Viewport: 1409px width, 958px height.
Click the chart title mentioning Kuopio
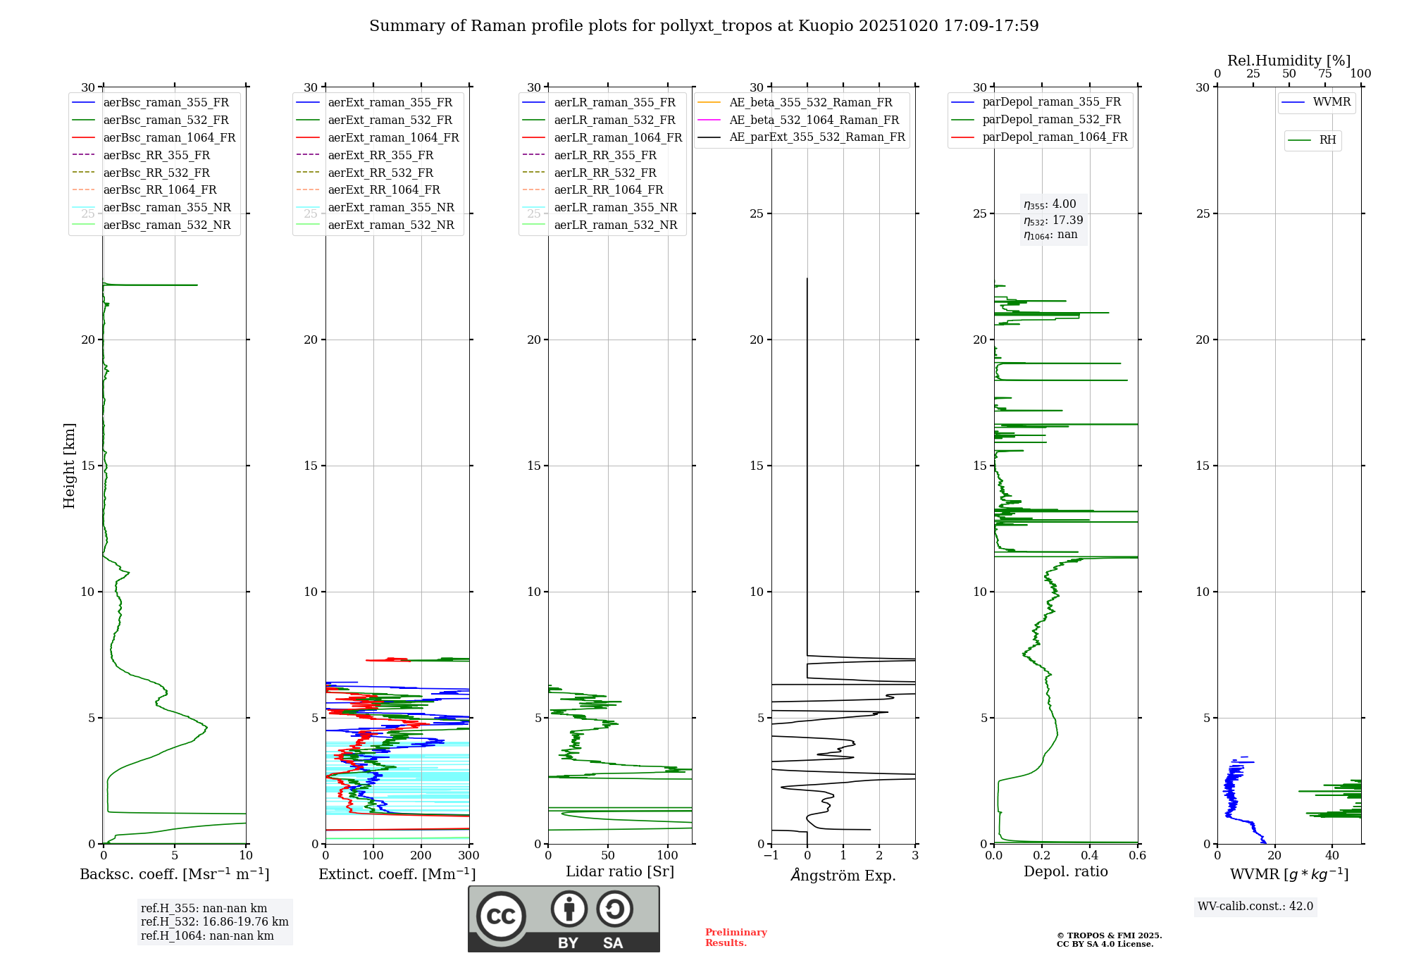[x=704, y=26]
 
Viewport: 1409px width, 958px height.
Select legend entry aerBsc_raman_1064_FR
[x=169, y=137]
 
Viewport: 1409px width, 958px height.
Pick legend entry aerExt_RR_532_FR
[x=380, y=173]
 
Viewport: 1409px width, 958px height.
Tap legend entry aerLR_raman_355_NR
[x=615, y=207]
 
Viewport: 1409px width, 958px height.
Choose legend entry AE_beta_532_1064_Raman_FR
[x=814, y=120]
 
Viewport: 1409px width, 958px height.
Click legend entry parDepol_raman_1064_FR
[x=1055, y=137]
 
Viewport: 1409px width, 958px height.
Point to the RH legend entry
[x=1327, y=140]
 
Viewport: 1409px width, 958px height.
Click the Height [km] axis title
[x=69, y=466]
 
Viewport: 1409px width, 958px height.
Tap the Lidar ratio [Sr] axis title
[x=620, y=871]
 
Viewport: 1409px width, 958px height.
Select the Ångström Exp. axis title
[x=843, y=875]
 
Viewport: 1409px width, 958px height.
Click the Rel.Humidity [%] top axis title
[x=1289, y=61]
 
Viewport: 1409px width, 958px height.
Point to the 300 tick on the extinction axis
[x=468, y=856]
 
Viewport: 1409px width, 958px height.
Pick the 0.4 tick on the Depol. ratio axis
[x=1090, y=856]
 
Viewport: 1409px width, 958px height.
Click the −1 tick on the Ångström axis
[x=771, y=856]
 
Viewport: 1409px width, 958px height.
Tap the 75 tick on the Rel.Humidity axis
[x=1325, y=74]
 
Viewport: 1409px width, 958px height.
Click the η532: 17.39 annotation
[x=1053, y=220]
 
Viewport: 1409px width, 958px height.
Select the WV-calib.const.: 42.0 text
[x=1255, y=906]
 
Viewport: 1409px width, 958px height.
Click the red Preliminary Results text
[x=735, y=938]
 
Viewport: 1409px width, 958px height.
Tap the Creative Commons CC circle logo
[x=501, y=916]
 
